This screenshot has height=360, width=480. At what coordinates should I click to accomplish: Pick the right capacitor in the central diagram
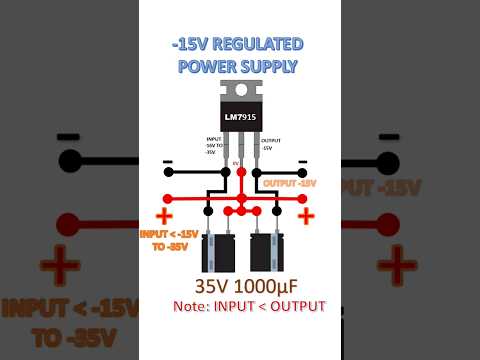point(265,253)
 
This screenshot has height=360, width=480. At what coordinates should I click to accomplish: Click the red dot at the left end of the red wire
point(168,198)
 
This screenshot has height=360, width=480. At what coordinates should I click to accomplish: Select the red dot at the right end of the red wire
point(307,198)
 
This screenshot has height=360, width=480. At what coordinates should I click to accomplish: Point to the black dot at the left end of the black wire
point(168,173)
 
